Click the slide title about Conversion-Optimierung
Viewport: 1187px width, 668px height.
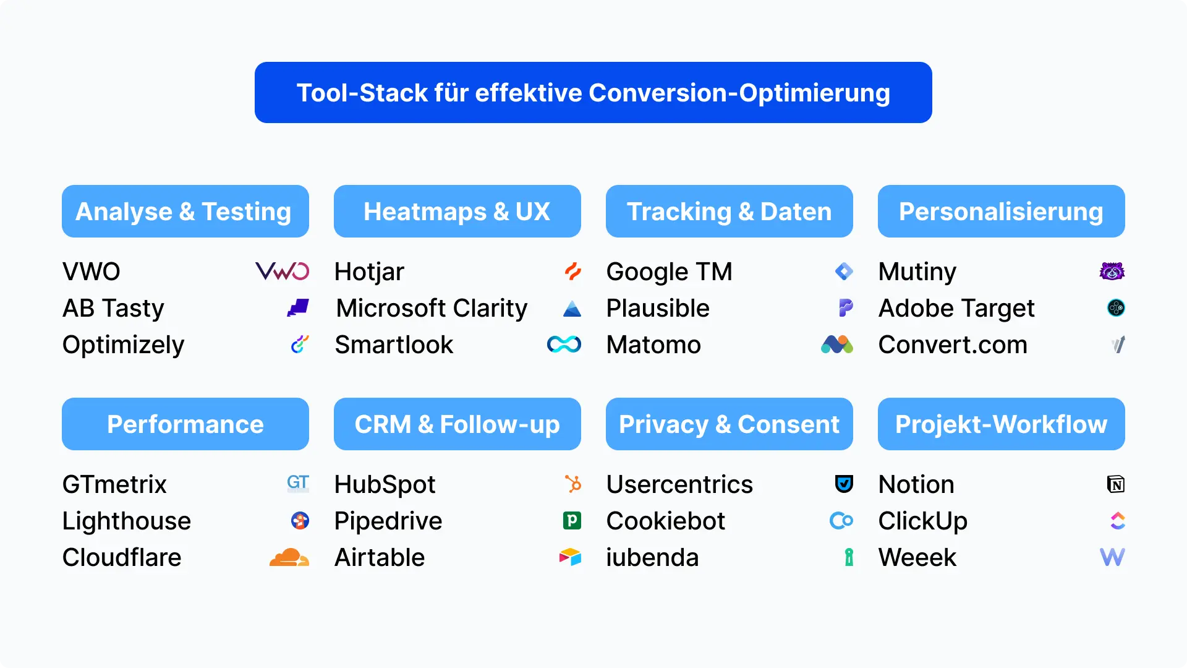click(x=593, y=93)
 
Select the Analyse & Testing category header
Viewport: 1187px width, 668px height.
click(x=185, y=212)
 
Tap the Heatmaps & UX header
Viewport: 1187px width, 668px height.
click(x=457, y=212)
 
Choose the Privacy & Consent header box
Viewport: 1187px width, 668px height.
click(x=730, y=424)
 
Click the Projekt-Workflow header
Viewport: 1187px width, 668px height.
click(x=1002, y=424)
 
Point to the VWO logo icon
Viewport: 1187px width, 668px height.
click(x=283, y=272)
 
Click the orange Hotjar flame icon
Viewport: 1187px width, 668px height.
click(x=573, y=272)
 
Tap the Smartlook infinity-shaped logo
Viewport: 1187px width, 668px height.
click(x=564, y=345)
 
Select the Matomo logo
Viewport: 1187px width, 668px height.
click(x=837, y=345)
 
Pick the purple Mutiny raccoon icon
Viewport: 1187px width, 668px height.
click(x=1112, y=272)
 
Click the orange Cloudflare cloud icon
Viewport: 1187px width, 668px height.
click(x=289, y=557)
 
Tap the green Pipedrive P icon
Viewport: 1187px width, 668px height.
click(x=572, y=521)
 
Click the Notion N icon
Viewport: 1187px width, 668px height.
click(x=1116, y=484)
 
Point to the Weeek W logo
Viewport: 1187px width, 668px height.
click(x=1112, y=557)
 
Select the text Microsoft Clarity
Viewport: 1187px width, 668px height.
click(x=432, y=308)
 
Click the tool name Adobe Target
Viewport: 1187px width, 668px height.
click(x=956, y=308)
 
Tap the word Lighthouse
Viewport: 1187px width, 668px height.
click(x=127, y=521)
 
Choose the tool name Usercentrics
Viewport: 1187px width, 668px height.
click(x=679, y=484)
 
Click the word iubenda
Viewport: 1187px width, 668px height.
click(x=652, y=557)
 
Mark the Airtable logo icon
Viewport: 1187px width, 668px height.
click(x=570, y=557)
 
